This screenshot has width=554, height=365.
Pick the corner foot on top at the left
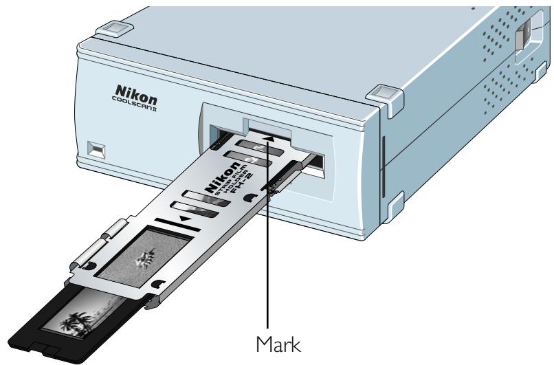111,29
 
